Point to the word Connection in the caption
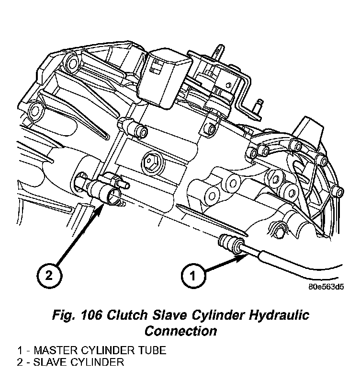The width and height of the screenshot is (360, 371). point(180,331)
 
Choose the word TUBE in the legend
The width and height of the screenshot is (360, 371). point(151,350)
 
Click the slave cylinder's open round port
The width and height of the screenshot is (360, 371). point(113,194)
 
